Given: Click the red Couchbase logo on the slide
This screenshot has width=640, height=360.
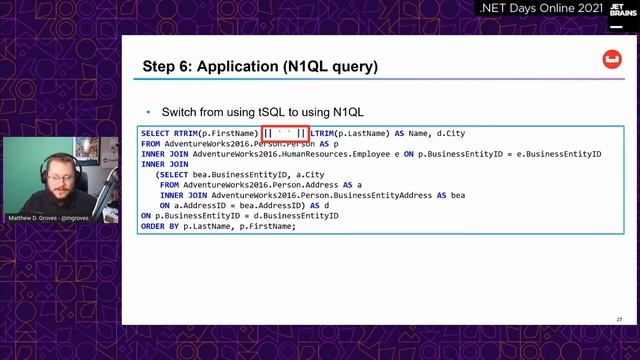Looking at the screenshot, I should point(610,61).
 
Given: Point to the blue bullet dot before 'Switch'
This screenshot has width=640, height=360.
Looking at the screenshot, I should point(149,111).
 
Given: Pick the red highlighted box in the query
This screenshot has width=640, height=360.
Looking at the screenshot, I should point(284,134).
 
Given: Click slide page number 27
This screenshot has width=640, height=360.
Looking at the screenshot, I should point(619,320).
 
